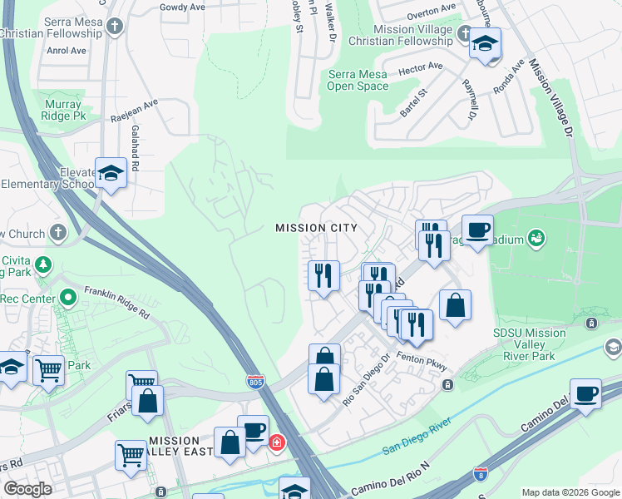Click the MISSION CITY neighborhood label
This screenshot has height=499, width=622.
coord(316,228)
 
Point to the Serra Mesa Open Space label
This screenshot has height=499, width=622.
coord(358,80)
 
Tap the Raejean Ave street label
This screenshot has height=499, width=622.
coord(134,112)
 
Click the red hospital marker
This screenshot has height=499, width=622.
coord(276,442)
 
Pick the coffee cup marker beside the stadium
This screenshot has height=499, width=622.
coord(477,230)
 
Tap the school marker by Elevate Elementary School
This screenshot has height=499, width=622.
coord(111,173)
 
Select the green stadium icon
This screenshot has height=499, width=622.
coord(536,240)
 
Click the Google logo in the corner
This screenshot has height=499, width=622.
coord(27,489)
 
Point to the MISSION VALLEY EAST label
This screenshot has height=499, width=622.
coord(174,447)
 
